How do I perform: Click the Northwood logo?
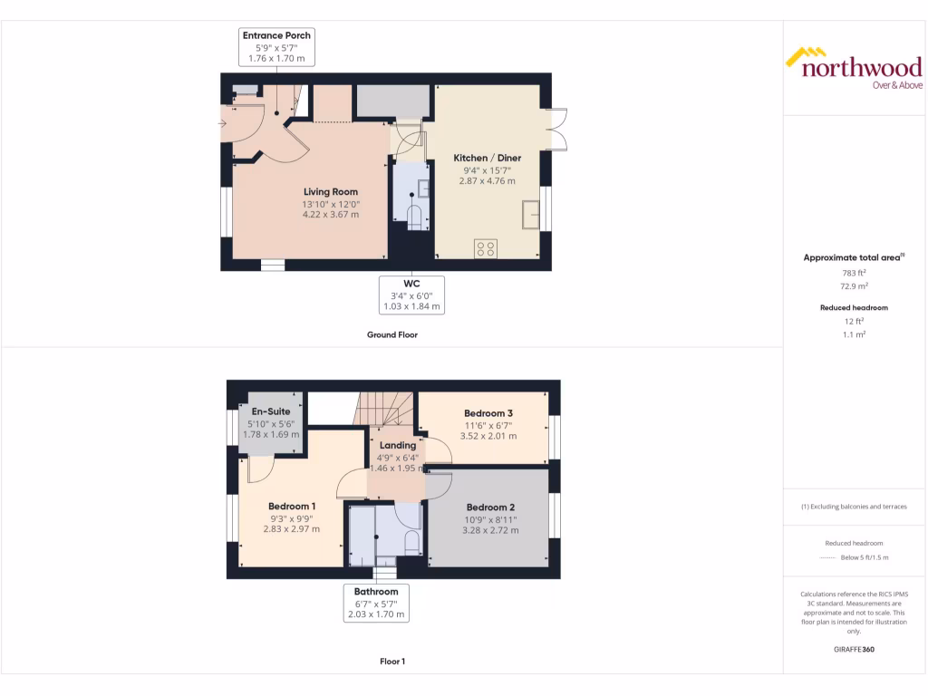coord(853,68)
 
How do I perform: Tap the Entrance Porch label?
coord(276,35)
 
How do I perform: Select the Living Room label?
coord(330,192)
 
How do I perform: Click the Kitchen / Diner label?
coord(488,159)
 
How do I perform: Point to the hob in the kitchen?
coord(485,247)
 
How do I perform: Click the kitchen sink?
coord(531,216)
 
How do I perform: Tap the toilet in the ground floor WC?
coord(416,217)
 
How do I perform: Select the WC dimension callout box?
coord(411,295)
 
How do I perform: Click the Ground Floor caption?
coord(391,334)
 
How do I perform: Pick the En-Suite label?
coord(270,411)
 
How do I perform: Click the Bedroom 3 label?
coord(488,413)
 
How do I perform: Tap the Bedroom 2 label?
coord(490,507)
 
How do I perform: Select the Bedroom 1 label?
coord(292,506)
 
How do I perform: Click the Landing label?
coord(397,445)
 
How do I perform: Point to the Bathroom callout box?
coord(376,603)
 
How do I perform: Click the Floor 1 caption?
coord(391,662)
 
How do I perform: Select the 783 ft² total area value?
coord(853,272)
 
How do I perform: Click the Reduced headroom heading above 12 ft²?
coord(854,308)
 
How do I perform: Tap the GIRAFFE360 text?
coord(854,650)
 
